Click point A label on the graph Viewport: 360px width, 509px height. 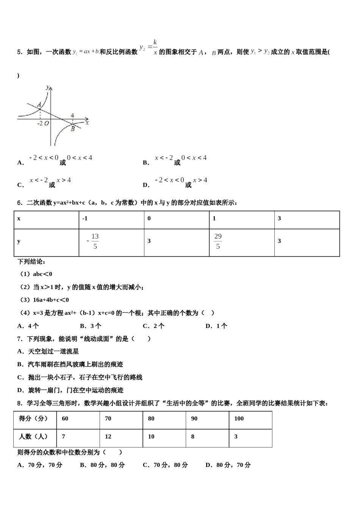point(39,105)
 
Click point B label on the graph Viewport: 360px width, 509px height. point(72,129)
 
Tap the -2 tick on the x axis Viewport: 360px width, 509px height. point(40,123)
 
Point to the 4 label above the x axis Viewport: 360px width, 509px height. point(72,116)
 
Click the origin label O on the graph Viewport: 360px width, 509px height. point(47,123)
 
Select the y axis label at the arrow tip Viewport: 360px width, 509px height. point(48,87)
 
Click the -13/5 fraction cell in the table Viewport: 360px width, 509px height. point(111,242)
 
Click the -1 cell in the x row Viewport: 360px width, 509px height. point(111,219)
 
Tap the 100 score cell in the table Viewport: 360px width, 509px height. point(250,419)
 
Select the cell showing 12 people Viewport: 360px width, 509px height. point(121,437)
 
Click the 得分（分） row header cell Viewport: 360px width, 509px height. point(35,419)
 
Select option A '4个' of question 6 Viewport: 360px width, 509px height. point(28,326)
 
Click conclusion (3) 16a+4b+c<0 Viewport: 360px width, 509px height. point(44,300)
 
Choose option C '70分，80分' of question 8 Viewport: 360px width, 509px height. point(165,465)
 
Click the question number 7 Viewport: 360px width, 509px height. point(20,339)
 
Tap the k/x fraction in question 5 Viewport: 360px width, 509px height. point(155,48)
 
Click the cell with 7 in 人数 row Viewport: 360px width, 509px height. point(78,437)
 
